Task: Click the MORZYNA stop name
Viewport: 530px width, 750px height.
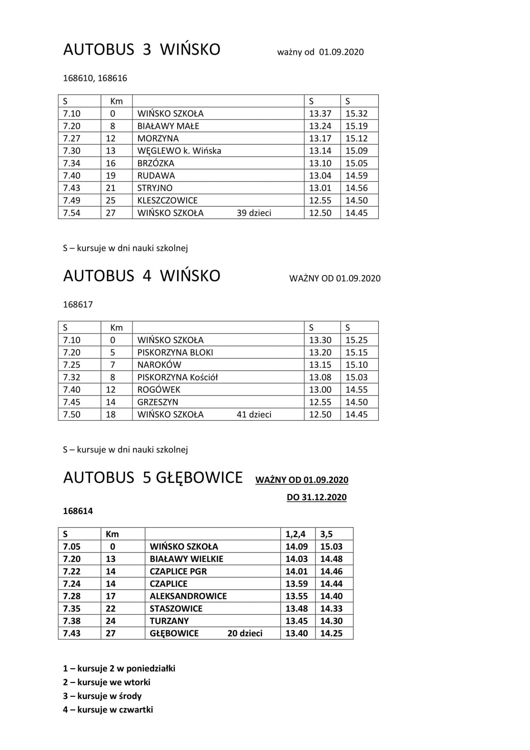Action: [x=158, y=138]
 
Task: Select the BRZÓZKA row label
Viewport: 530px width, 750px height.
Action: [x=156, y=163]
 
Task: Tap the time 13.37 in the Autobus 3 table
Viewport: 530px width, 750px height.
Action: [x=320, y=114]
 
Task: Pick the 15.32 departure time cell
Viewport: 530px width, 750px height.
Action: [x=357, y=114]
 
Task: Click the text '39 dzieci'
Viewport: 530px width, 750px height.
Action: [x=254, y=213]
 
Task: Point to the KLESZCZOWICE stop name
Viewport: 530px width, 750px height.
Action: [x=168, y=201]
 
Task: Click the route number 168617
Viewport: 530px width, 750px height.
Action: [x=78, y=305]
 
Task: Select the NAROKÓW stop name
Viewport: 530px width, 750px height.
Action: [x=159, y=365]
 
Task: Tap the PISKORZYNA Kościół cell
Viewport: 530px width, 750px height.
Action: [x=178, y=377]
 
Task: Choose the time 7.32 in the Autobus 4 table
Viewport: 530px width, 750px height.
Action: [x=72, y=377]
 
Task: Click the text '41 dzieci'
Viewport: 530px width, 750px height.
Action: [x=254, y=415]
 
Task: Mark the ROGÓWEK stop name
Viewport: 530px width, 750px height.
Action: [x=159, y=390]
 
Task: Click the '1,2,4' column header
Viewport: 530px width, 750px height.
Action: [x=295, y=534]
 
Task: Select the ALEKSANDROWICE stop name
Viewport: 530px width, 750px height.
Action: [x=188, y=596]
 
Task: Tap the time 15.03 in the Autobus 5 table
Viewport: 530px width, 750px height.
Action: [x=331, y=547]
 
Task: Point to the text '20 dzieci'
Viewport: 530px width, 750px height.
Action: [x=245, y=634]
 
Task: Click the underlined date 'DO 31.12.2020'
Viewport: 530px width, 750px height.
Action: [x=317, y=497]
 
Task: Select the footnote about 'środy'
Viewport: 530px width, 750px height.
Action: [x=102, y=696]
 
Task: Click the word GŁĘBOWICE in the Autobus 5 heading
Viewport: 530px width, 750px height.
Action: [x=193, y=478]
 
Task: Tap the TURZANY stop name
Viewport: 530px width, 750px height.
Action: [x=169, y=621]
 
